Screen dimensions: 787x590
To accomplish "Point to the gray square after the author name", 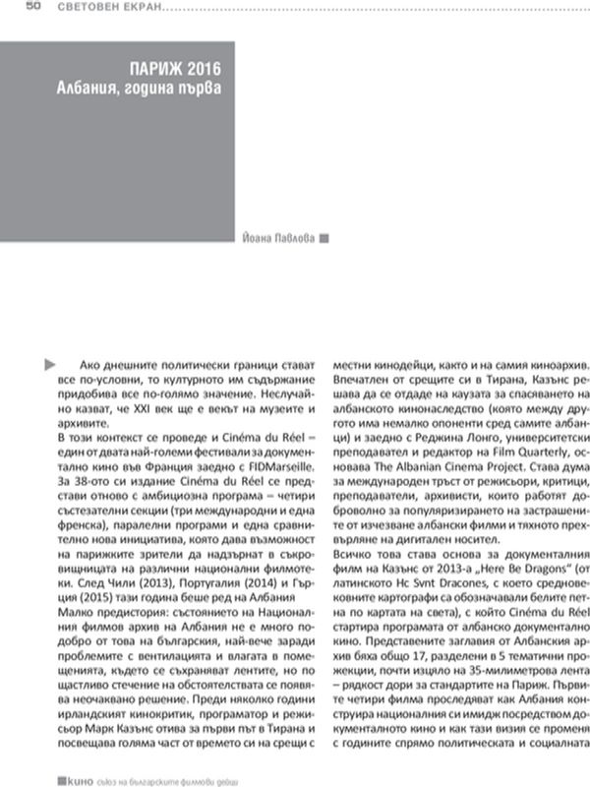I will coord(324,237).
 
